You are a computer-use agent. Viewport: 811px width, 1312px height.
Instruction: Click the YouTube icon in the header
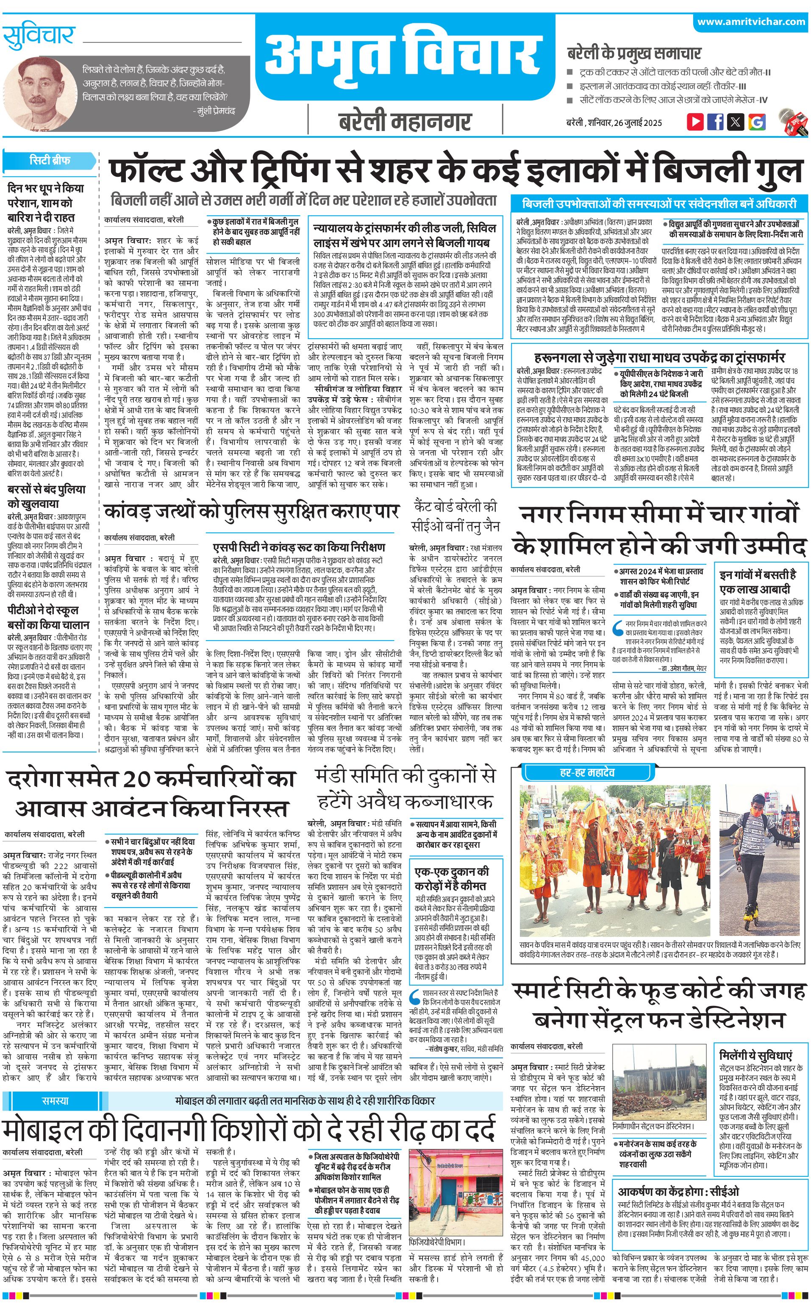(695, 122)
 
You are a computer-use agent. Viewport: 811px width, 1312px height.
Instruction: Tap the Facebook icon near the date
(716, 122)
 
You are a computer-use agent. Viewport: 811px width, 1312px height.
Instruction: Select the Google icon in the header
(757, 122)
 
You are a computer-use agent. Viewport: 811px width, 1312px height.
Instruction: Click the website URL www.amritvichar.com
(751, 22)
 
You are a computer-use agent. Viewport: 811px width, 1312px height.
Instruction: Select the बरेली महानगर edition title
(405, 121)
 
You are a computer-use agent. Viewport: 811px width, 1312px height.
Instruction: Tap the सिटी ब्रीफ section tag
(49, 160)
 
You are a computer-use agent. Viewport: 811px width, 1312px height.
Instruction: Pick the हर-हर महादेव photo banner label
(587, 772)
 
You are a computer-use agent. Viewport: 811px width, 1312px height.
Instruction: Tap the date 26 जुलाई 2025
(638, 123)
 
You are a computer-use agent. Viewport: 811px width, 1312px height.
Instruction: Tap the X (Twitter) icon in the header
(736, 122)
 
